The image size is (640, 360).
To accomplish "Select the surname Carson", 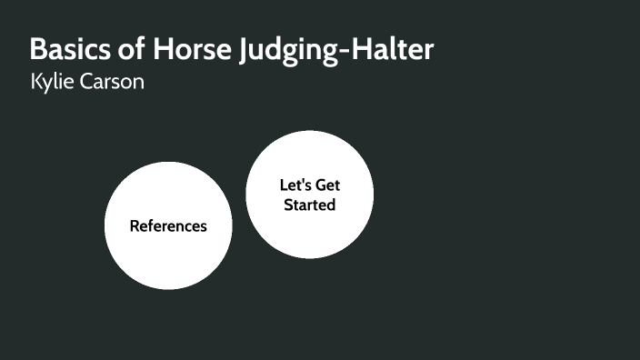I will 113,83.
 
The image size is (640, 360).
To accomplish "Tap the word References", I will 168,226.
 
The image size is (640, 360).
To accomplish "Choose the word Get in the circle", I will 328,185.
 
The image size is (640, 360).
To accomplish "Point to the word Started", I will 310,205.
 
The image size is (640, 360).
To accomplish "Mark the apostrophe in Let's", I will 304,181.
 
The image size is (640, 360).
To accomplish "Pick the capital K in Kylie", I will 35,83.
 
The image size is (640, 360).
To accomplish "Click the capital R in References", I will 134,226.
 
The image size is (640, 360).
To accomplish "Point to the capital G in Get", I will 321,185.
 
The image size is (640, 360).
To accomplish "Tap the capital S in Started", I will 288,205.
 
